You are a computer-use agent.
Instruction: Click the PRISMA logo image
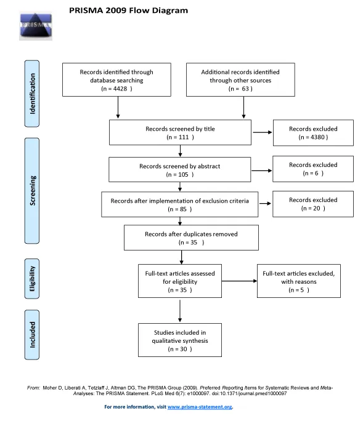pyautogui.click(x=36, y=26)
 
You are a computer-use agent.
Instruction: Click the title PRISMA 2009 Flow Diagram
pyautogui.click(x=129, y=10)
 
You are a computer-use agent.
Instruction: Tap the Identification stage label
pyautogui.click(x=32, y=94)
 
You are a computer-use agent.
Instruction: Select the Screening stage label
pyautogui.click(x=32, y=191)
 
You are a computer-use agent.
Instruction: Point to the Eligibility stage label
pyautogui.click(x=32, y=279)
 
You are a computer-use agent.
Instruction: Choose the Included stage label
pyautogui.click(x=32, y=335)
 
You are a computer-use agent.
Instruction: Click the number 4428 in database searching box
pyautogui.click(x=120, y=89)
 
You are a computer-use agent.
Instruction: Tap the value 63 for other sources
pyautogui.click(x=245, y=89)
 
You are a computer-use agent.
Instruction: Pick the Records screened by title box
pyautogui.click(x=180, y=132)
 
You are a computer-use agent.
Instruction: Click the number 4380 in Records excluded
pyautogui.click(x=317, y=137)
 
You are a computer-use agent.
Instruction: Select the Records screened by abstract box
pyautogui.click(x=179, y=170)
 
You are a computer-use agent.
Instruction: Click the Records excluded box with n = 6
pyautogui.click(x=313, y=169)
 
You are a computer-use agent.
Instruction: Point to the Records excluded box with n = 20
pyautogui.click(x=313, y=204)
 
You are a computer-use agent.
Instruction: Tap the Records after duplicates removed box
pyautogui.click(x=191, y=238)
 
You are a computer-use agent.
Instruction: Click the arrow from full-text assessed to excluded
pyautogui.click(x=239, y=281)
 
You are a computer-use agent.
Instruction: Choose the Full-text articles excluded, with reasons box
pyautogui.click(x=299, y=281)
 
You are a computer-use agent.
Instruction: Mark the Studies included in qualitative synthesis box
pyautogui.click(x=180, y=340)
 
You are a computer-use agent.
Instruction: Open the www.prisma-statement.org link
pyautogui.click(x=200, y=407)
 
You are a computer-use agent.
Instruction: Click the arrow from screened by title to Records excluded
pyautogui.click(x=263, y=132)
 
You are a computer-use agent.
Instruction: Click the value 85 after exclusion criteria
pyautogui.click(x=183, y=209)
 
